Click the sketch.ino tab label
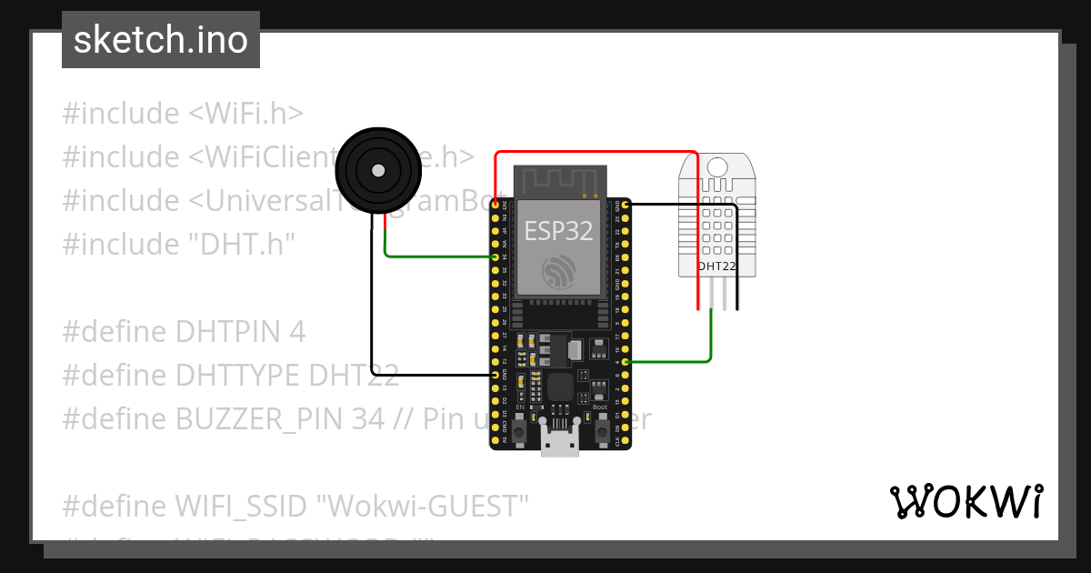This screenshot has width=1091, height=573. pos(160,40)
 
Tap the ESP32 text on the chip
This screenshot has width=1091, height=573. pos(558,230)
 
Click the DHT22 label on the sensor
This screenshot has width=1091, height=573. pos(716,266)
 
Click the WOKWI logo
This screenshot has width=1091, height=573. pos(966,501)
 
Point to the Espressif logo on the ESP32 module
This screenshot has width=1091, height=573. pos(558,273)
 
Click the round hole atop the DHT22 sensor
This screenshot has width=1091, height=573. pos(716,166)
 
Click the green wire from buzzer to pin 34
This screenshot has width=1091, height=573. pos(436,256)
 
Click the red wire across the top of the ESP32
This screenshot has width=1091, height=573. pos(596,153)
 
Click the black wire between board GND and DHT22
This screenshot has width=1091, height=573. pos(682,205)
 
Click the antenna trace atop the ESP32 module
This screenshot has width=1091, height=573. pos(558,180)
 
